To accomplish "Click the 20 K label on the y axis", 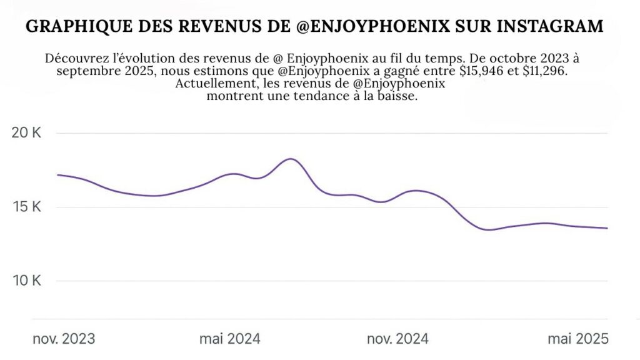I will pyautogui.click(x=27, y=134).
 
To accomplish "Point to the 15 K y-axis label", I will pyautogui.click(x=27, y=207).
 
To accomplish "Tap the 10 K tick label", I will pyautogui.click(x=27, y=281).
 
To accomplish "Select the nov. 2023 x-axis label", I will pyautogui.click(x=64, y=339).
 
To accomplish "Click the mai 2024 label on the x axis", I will pyautogui.click(x=230, y=339).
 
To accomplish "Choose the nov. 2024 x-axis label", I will pyautogui.click(x=397, y=339).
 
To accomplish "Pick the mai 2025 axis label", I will pyautogui.click(x=577, y=339).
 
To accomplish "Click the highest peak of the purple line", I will pyautogui.click(x=291, y=159).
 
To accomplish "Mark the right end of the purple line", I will pyautogui.click(x=607, y=228).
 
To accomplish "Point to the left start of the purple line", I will pyautogui.click(x=57, y=175).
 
